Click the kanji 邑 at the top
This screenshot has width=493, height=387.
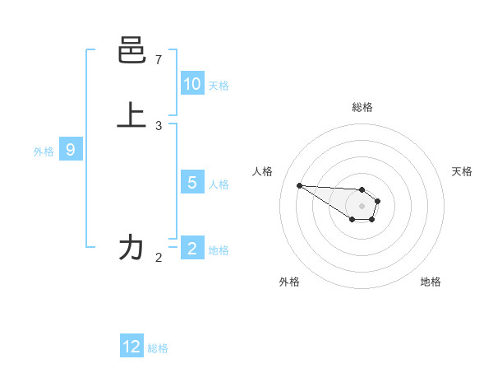coord(131,52)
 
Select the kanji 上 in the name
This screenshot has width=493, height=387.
coord(131,115)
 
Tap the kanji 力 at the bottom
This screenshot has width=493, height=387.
coord(131,247)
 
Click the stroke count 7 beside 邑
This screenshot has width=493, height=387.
coord(159,60)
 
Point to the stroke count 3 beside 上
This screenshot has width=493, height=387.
coord(159,126)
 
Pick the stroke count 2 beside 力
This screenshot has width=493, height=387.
coord(159,258)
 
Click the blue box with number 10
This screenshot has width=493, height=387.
coord(192,84)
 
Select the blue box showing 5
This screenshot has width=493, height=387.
coord(192,183)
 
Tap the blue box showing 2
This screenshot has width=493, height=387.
coord(192,249)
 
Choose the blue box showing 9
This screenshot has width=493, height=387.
coord(71,150)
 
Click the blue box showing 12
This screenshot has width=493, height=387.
coord(131,347)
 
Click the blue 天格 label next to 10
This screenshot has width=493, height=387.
coord(219,86)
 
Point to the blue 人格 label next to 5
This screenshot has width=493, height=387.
coord(219,184)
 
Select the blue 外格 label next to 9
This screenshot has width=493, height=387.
coord(44,152)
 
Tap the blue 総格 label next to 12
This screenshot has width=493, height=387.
coord(158,348)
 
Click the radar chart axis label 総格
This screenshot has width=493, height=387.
coord(362,107)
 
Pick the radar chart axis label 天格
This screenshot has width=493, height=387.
coord(462,171)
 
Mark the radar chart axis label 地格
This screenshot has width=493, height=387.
coord(431,282)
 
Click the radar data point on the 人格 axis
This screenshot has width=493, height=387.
coord(299,185)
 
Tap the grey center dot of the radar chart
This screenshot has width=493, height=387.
coord(362,206)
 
